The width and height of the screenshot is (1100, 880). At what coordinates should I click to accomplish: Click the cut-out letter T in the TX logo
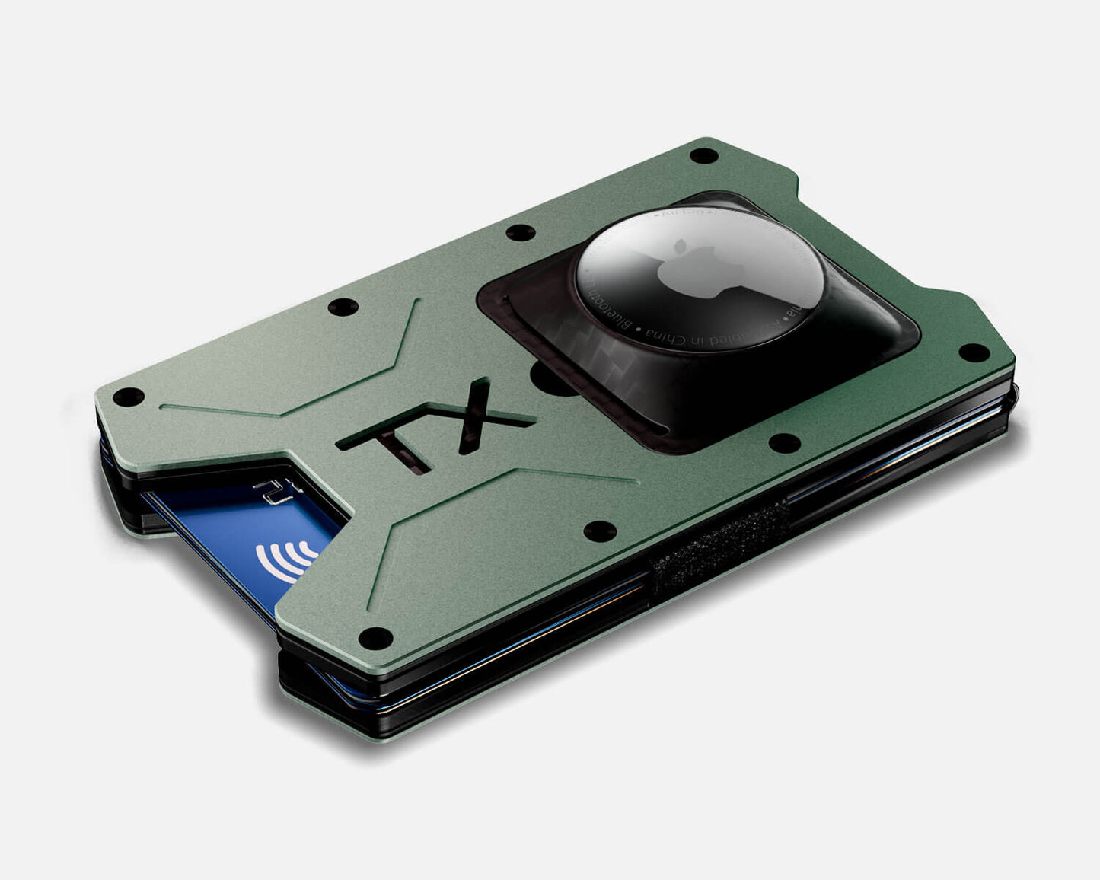coord(394,446)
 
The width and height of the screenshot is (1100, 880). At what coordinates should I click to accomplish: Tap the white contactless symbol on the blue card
coord(287,560)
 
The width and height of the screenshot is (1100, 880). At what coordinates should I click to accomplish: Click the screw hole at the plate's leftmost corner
coord(128,397)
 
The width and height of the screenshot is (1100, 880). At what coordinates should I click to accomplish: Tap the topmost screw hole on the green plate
coord(703,156)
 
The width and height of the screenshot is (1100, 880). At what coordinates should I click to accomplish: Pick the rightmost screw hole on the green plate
coord(969,352)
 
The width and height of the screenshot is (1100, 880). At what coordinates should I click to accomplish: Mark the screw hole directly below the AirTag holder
coord(785,442)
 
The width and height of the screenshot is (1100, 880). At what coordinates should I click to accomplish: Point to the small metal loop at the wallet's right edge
coord(1016,393)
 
